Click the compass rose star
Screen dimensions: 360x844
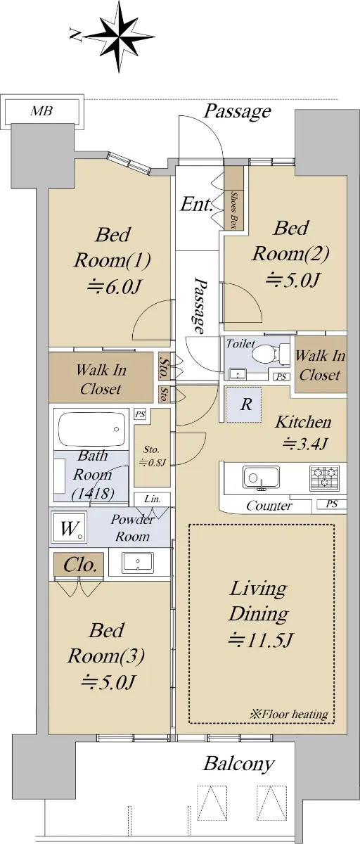click(120, 37)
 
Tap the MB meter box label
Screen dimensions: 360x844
click(41, 111)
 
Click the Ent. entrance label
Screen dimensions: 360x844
click(195, 204)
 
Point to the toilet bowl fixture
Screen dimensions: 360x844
click(266, 354)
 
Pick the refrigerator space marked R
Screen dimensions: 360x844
click(244, 404)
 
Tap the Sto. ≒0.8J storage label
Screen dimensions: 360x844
click(152, 456)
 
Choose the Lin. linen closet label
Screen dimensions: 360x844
click(153, 499)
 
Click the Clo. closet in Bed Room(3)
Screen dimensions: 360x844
click(79, 564)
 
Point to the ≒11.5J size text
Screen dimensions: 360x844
click(261, 640)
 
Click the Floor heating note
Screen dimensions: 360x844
click(289, 715)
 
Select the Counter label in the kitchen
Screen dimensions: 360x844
click(269, 506)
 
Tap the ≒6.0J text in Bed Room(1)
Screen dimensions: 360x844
click(114, 287)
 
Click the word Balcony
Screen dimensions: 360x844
click(239, 765)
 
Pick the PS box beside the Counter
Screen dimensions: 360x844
click(331, 504)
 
